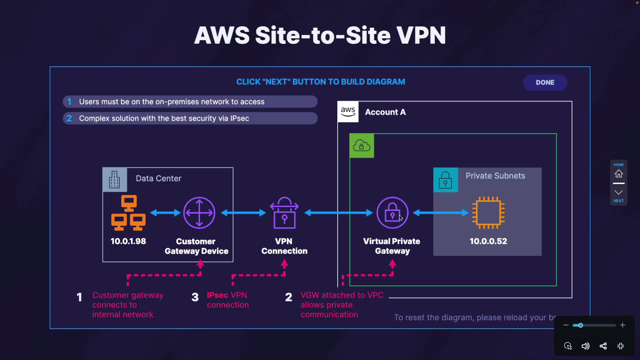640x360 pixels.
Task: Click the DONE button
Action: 545,82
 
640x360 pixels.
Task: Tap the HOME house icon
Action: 619,174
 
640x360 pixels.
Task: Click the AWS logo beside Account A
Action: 348,112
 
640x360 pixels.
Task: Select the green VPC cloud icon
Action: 362,146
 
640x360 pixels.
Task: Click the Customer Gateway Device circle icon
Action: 199,213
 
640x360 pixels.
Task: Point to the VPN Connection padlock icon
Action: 284,213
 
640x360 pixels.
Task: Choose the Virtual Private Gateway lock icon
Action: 392,213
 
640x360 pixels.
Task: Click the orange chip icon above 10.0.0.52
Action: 488,213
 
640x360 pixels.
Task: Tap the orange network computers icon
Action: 128,213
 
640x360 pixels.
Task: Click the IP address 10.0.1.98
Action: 128,241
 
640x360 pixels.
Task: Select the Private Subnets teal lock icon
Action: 445,180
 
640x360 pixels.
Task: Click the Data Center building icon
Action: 114,180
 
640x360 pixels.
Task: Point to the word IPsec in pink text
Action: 217,295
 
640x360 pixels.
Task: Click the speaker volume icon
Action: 585,346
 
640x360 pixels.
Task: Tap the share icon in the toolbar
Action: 603,346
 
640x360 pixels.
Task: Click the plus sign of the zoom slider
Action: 622,325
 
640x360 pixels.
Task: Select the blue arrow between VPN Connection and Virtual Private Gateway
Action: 338,213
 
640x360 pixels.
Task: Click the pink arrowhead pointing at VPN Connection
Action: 284,264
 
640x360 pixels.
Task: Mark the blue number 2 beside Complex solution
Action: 69,118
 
